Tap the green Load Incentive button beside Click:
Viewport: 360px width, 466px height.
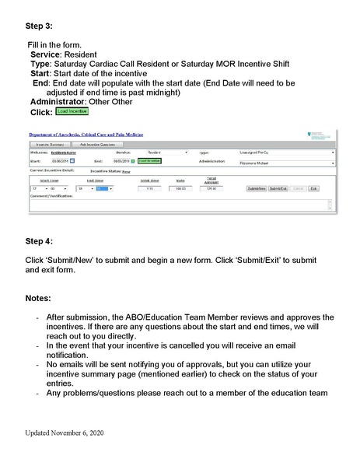(73, 112)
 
